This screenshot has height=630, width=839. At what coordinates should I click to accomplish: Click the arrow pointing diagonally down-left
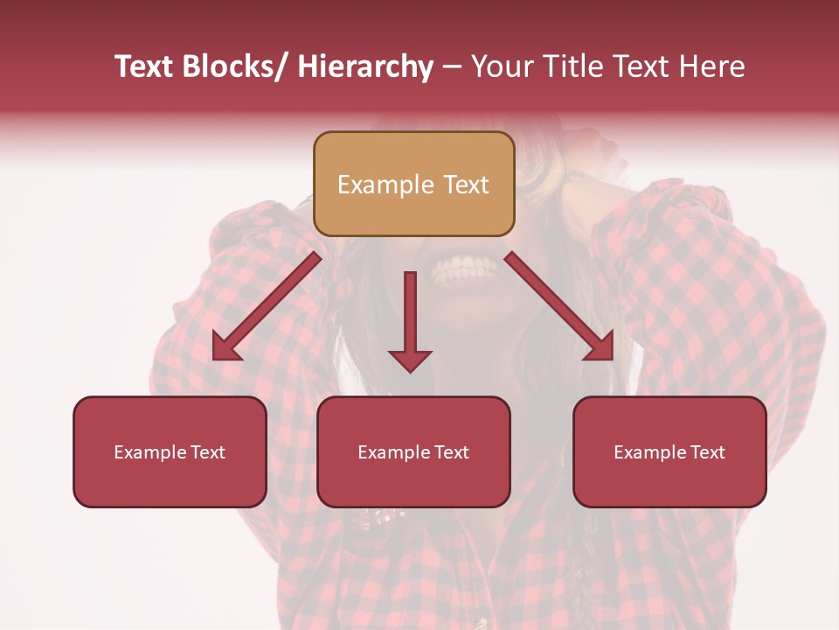[267, 306]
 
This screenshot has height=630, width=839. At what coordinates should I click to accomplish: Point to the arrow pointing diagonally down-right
[559, 306]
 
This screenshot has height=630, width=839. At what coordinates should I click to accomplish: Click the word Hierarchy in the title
[365, 66]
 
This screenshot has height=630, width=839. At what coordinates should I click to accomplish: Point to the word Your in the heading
[500, 66]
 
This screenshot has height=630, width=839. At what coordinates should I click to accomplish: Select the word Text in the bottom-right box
[706, 452]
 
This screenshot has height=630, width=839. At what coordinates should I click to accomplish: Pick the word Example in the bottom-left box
[149, 452]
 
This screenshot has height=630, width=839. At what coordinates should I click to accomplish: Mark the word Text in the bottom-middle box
[450, 452]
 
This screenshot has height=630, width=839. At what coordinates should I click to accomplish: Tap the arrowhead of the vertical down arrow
[410, 360]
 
